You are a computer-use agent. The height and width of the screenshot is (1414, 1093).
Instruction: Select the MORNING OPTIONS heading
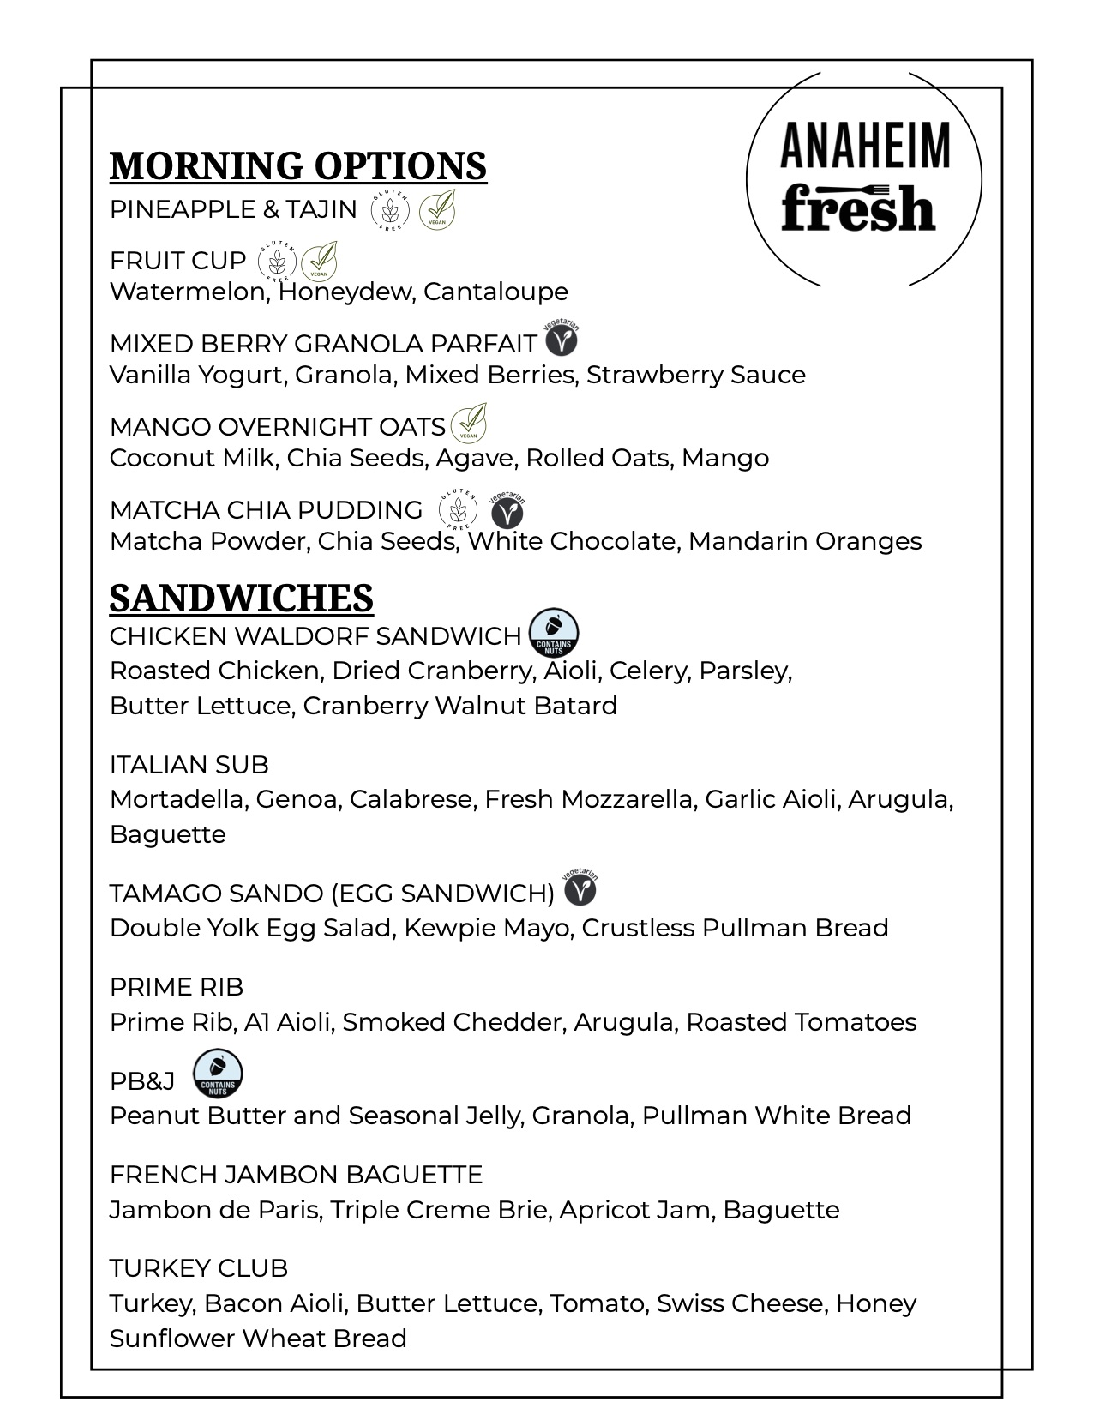pyautogui.click(x=297, y=165)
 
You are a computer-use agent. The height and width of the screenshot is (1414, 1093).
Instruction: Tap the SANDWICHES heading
pyautogui.click(x=241, y=598)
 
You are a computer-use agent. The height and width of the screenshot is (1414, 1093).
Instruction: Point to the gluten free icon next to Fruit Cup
pyautogui.click(x=277, y=261)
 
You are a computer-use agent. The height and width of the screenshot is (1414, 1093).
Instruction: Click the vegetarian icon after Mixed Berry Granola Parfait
pyautogui.click(x=562, y=340)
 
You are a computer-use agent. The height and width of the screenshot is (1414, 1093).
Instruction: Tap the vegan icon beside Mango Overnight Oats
pyautogui.click(x=468, y=423)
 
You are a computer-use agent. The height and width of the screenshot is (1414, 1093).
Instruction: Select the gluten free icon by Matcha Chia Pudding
pyautogui.click(x=458, y=510)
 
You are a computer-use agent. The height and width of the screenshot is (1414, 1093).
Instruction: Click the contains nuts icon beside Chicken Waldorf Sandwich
pyautogui.click(x=554, y=634)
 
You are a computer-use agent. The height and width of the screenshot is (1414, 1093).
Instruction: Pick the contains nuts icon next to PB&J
pyautogui.click(x=218, y=1074)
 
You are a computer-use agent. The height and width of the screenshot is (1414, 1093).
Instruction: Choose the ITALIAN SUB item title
pyautogui.click(x=189, y=764)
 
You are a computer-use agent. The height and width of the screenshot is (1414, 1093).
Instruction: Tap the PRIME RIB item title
pyautogui.click(x=177, y=987)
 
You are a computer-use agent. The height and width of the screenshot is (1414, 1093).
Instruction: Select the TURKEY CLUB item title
pyautogui.click(x=199, y=1267)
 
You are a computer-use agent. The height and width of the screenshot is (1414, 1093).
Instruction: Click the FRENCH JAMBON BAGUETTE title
pyautogui.click(x=296, y=1174)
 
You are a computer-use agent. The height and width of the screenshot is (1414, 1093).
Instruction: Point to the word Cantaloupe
pyautogui.click(x=495, y=292)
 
